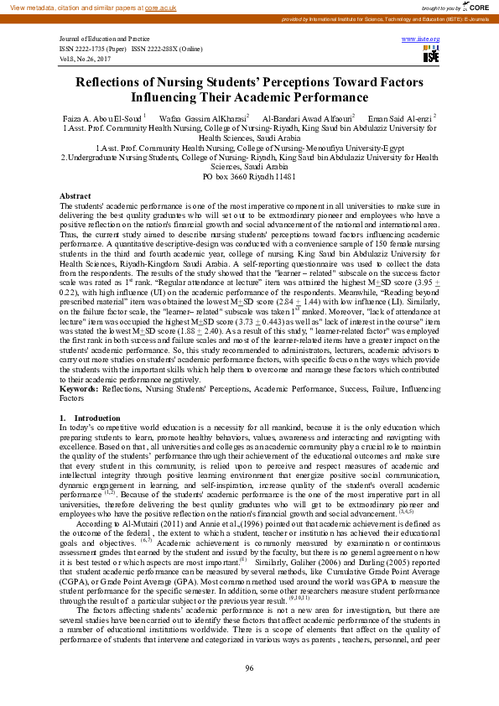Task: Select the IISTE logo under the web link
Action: point(429,55)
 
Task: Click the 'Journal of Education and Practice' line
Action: point(104,39)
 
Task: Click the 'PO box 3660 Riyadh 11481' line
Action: point(249,177)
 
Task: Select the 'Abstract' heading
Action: point(75,195)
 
